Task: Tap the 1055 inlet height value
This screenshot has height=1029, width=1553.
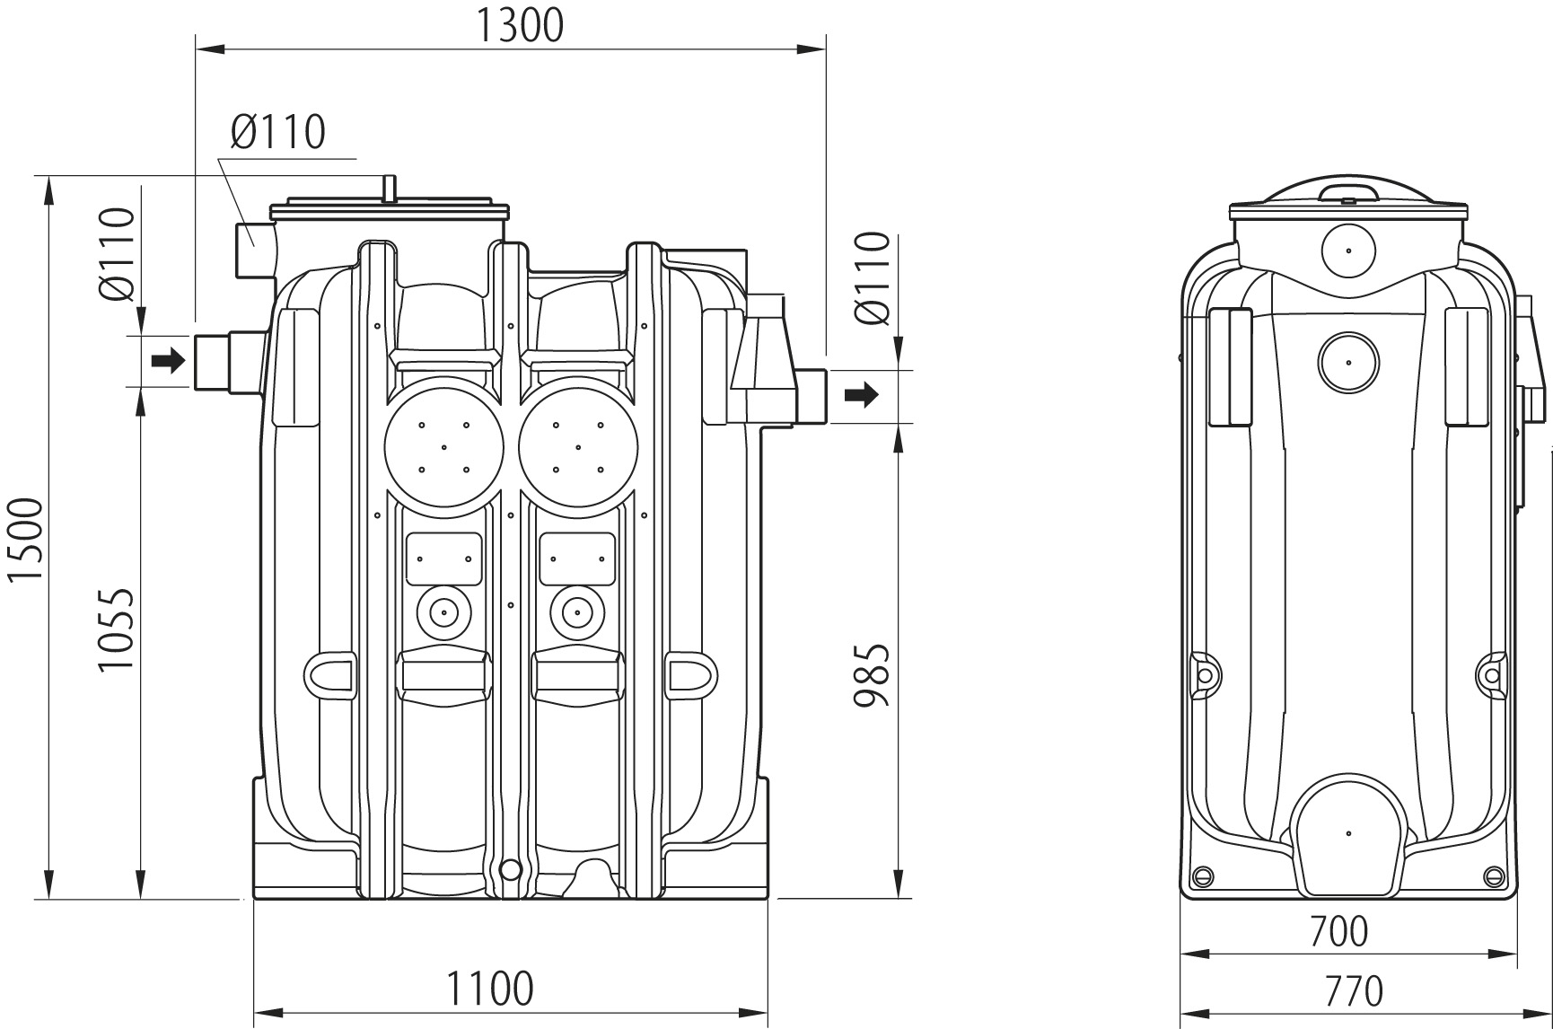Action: tap(117, 629)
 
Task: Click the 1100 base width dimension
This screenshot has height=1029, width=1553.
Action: tap(490, 988)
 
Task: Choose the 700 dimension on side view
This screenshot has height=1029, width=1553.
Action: tap(1338, 931)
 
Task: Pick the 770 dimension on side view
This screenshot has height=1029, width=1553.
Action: tap(1353, 990)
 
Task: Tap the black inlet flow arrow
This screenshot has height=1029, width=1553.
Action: tap(168, 361)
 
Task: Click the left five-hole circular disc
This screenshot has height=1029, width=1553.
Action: tap(443, 446)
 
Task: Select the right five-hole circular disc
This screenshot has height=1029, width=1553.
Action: tap(579, 446)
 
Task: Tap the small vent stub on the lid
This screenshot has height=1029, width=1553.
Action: tap(390, 189)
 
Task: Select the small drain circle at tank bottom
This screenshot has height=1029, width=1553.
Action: tap(509, 868)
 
